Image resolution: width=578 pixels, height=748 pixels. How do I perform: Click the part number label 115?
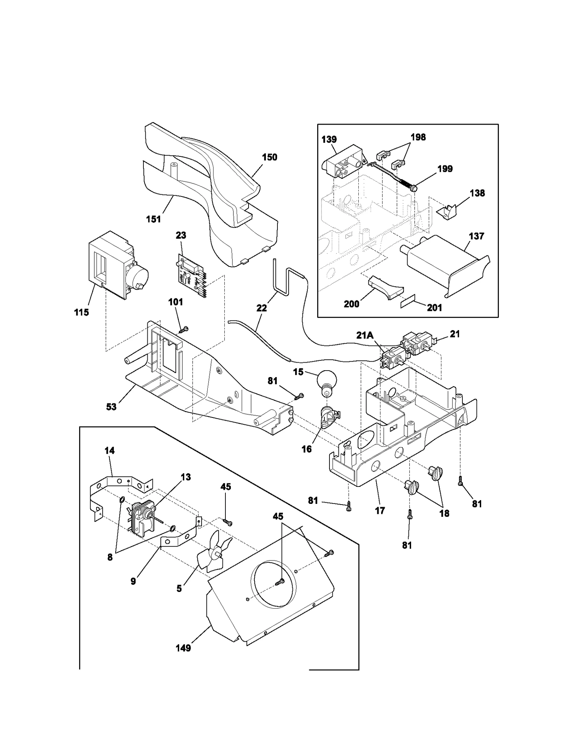[82, 312]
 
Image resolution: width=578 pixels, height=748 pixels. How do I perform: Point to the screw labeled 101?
[185, 329]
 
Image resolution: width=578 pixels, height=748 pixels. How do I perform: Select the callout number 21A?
[365, 335]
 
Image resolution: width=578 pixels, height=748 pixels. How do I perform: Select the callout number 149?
[183, 648]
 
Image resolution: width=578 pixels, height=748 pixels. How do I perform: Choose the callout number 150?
[269, 157]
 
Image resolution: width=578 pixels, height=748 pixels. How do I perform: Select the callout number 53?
[111, 407]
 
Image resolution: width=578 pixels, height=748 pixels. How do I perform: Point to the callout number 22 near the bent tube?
[261, 308]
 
